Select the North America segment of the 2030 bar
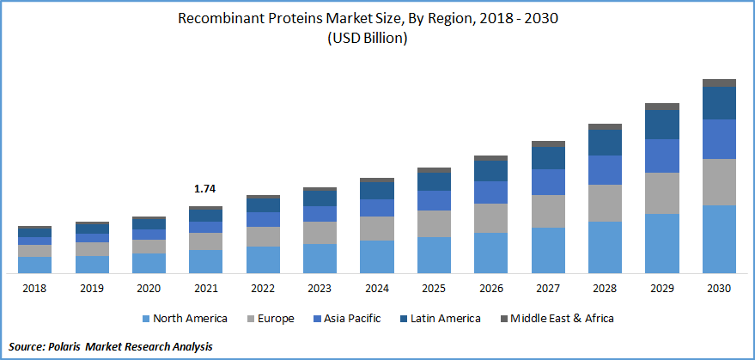(x=719, y=239)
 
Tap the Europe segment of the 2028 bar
(x=605, y=203)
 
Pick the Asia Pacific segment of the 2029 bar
(x=662, y=156)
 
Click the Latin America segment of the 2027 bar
(x=548, y=158)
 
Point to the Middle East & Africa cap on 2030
(x=719, y=82)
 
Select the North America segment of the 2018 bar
(x=35, y=265)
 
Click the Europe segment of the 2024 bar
(x=377, y=229)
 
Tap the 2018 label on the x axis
(x=35, y=289)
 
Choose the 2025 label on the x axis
(x=434, y=289)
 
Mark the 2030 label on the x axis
(x=719, y=289)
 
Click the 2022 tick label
(x=263, y=289)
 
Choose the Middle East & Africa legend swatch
(x=502, y=319)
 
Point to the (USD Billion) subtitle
(x=378, y=38)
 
